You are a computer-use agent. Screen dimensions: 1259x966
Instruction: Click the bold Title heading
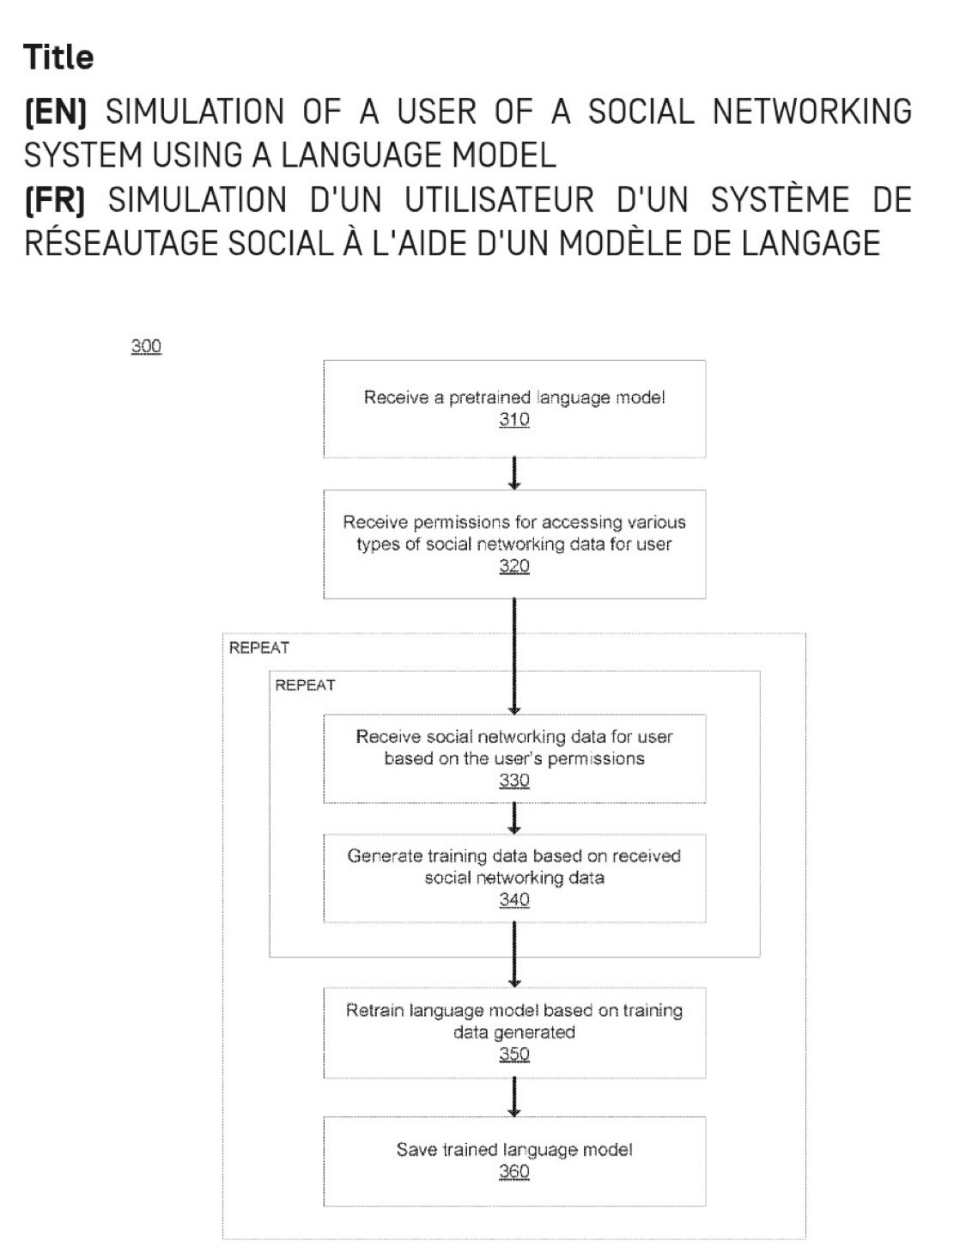point(58,57)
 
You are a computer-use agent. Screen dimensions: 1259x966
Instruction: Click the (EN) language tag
point(55,112)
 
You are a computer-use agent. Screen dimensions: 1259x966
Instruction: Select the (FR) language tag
point(54,200)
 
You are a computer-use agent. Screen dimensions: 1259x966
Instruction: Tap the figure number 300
point(146,346)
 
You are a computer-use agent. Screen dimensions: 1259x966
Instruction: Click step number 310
point(513,420)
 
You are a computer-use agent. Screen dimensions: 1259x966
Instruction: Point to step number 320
point(513,566)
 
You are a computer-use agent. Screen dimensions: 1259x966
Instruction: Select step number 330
point(513,781)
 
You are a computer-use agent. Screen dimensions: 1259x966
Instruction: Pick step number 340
point(513,900)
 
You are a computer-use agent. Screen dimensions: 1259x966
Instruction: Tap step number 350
point(513,1055)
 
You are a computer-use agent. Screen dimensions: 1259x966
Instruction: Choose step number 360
point(513,1172)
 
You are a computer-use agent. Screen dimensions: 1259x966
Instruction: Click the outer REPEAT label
point(258,648)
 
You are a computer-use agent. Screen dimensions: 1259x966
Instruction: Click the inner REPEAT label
point(305,685)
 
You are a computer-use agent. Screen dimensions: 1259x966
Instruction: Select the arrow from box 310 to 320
point(513,473)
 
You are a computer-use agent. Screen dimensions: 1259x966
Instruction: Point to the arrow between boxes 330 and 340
point(513,818)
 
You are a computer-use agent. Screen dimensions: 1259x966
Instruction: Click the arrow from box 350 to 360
point(513,1097)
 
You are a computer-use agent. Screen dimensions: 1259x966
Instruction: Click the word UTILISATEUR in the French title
point(499,200)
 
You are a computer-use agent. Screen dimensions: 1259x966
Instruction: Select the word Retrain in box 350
point(374,1011)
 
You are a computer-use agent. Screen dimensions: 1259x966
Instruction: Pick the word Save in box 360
point(416,1150)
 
